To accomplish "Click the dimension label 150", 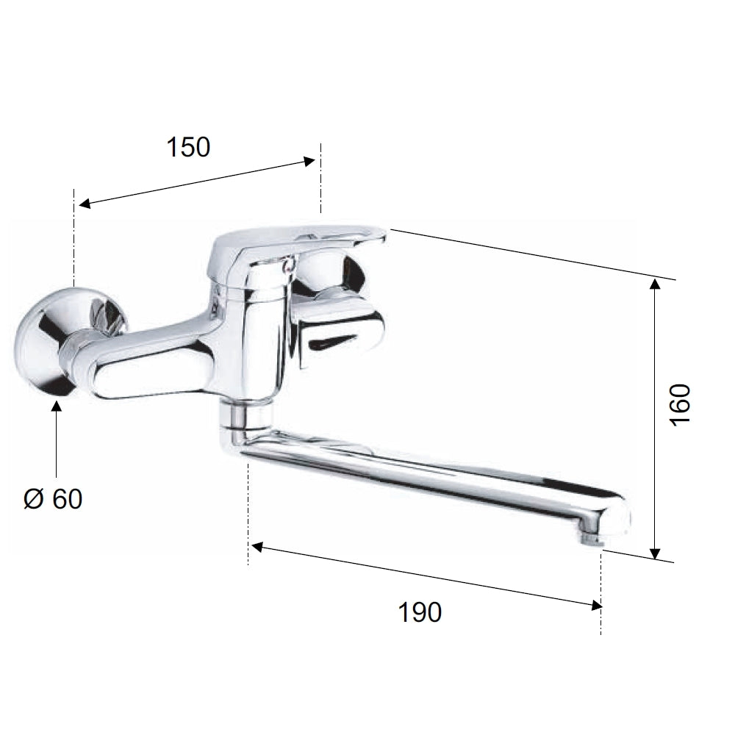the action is tap(188, 147).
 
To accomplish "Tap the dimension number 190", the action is tap(420, 612).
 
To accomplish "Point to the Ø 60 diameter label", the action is tap(53, 499).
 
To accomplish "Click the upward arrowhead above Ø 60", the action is tap(57, 407).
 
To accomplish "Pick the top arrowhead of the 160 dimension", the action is tap(656, 284).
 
